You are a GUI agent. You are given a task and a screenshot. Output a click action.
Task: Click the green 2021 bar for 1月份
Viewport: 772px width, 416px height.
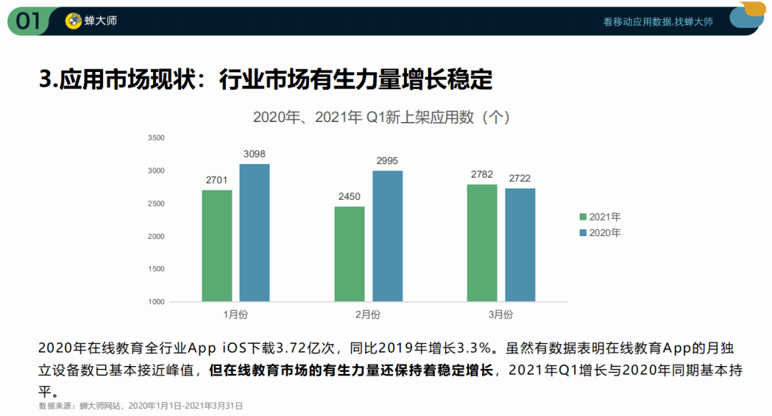coord(217,245)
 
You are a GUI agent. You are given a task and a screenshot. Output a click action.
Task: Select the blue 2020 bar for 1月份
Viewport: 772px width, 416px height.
coord(254,233)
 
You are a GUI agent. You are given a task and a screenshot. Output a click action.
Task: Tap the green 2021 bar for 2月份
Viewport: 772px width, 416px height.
coord(350,254)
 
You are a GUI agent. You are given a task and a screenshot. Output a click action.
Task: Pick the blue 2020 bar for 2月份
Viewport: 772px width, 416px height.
coord(387,236)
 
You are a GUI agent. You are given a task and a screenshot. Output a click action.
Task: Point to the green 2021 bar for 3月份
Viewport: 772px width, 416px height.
coord(482,243)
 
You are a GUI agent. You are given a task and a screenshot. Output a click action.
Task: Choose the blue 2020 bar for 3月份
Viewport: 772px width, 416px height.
coord(520,245)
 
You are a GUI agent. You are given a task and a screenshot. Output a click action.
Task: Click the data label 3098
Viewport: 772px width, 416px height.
coord(254,154)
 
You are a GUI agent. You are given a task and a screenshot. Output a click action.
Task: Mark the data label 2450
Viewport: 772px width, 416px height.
coord(350,196)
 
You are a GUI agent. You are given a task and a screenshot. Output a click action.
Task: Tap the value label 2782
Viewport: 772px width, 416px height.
coord(482,175)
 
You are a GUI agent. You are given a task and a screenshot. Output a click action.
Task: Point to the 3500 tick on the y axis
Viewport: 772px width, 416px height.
coord(156,138)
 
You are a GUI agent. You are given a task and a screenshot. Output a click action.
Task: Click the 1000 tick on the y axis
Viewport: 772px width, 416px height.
coord(156,302)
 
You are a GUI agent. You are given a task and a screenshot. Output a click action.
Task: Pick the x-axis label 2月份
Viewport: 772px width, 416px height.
coord(367,315)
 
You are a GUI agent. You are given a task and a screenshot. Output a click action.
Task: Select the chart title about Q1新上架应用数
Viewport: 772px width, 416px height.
coord(381,117)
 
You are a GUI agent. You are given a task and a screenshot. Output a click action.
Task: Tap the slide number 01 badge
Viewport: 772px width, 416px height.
coord(29,21)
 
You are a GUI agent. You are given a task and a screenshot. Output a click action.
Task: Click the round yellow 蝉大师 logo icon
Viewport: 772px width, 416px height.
coord(73,21)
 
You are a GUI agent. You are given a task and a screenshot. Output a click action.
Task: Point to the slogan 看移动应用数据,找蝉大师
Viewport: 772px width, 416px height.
coord(658,22)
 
